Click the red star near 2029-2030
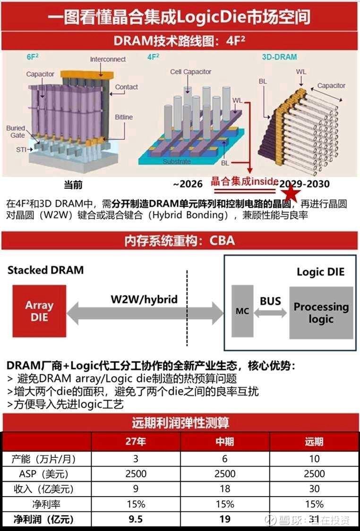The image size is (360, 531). [291, 193]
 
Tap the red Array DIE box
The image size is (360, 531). [39, 311]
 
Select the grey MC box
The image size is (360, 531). [242, 312]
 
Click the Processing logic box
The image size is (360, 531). [321, 312]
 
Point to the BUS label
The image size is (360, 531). [270, 301]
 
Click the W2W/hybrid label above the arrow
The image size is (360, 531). [144, 299]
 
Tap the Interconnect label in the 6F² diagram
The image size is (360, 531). [108, 59]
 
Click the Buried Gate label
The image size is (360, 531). [16, 132]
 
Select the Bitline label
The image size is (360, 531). [124, 117]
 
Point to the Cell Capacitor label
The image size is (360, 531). [190, 72]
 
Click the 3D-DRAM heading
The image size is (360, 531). [280, 57]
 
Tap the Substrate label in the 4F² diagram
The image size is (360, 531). [177, 161]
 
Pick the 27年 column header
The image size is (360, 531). [136, 442]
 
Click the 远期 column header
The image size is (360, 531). [314, 442]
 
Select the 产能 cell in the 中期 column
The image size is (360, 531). [225, 459]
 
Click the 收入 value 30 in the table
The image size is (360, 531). [314, 489]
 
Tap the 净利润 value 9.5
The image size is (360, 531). [136, 519]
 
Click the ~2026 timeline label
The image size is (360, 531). [188, 184]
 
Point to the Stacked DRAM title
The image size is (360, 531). [45, 270]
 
